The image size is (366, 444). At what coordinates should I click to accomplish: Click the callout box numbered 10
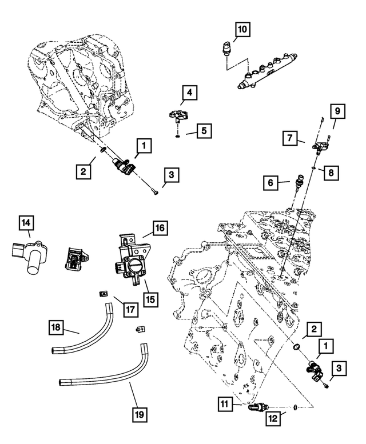point(242,28)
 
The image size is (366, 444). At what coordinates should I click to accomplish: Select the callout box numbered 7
point(290,138)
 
